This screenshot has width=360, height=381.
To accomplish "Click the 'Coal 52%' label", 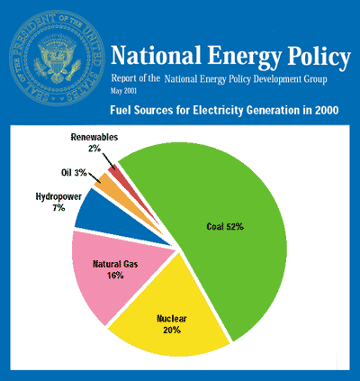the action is tap(225, 226).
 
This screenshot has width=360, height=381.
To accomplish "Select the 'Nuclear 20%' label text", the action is tap(172, 324).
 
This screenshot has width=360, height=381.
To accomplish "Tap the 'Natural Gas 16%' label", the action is tap(115, 269).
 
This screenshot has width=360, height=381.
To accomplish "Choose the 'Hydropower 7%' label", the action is tap(58, 202).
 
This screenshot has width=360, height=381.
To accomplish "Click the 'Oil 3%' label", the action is tap(74, 173).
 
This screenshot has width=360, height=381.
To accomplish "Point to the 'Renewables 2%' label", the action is tap(94, 142).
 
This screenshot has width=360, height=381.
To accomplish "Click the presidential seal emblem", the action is tap(57, 58).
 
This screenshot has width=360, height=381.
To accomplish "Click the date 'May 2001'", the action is tap(123, 91).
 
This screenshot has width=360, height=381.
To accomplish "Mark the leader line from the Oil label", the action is tap(94, 177).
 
